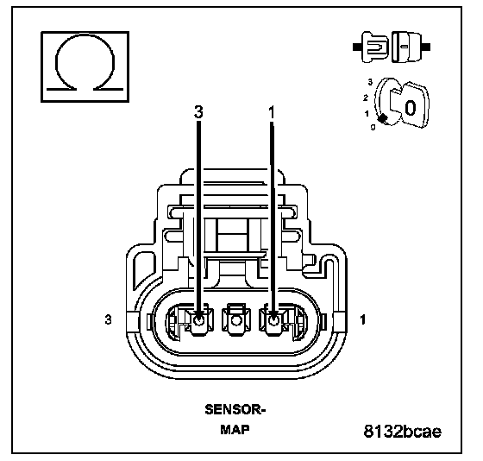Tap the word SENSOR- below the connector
point(235,409)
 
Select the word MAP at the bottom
point(235,429)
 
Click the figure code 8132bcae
point(402,431)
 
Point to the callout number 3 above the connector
point(198,112)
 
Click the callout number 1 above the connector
point(272,112)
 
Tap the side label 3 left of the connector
point(108,319)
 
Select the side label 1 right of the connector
point(363,319)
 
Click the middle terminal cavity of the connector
point(236,320)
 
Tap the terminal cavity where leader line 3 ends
point(198,321)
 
